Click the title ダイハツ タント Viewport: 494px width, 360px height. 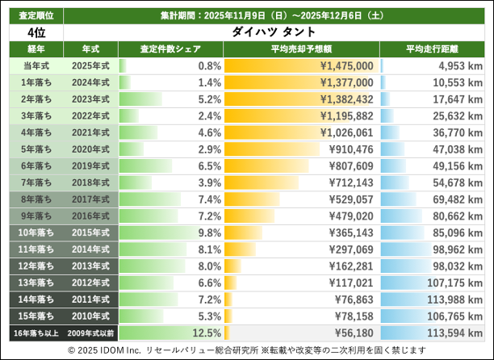(274, 31)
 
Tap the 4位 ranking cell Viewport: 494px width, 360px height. (34, 31)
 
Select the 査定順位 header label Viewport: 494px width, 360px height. (34, 15)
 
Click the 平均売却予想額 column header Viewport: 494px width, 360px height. (300, 49)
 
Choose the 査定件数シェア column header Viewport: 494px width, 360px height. (170, 49)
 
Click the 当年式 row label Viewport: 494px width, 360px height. (34, 65)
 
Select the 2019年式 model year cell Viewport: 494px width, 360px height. (90, 164)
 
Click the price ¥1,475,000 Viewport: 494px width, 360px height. (346, 65)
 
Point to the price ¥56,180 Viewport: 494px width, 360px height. (352, 332)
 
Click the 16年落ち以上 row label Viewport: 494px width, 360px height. (34, 332)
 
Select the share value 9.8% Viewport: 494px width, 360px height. (208, 231)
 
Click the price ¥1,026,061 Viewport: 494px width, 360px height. (346, 132)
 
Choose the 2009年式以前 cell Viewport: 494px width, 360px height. (90, 332)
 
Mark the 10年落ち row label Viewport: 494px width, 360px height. (34, 231)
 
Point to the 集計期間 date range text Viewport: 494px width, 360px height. (274, 15)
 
